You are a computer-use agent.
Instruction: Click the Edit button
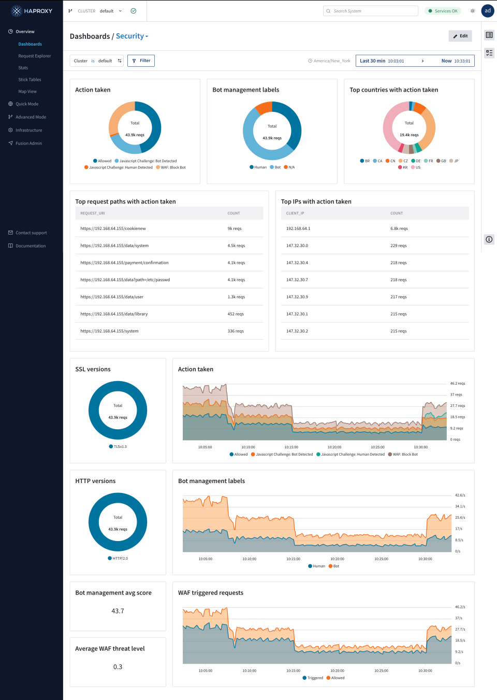point(460,36)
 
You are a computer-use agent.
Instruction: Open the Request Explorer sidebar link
point(35,56)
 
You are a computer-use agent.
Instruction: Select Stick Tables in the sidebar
point(30,80)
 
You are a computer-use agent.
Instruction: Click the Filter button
point(141,61)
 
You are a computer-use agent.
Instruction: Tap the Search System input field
point(370,11)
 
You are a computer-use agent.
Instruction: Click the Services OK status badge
point(443,11)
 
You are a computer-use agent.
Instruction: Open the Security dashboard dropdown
point(132,36)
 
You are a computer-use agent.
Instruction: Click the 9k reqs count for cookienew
point(235,228)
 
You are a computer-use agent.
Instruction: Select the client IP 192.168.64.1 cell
point(298,228)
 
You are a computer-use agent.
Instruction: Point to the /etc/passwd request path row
point(125,280)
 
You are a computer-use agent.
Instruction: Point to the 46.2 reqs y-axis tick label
point(457,384)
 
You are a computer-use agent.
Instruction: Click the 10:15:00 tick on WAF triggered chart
point(293,670)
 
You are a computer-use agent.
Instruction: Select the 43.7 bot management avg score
point(118,611)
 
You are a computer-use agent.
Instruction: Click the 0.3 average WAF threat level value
point(118,667)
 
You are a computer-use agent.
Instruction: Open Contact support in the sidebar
point(31,233)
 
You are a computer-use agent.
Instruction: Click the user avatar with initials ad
point(488,11)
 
